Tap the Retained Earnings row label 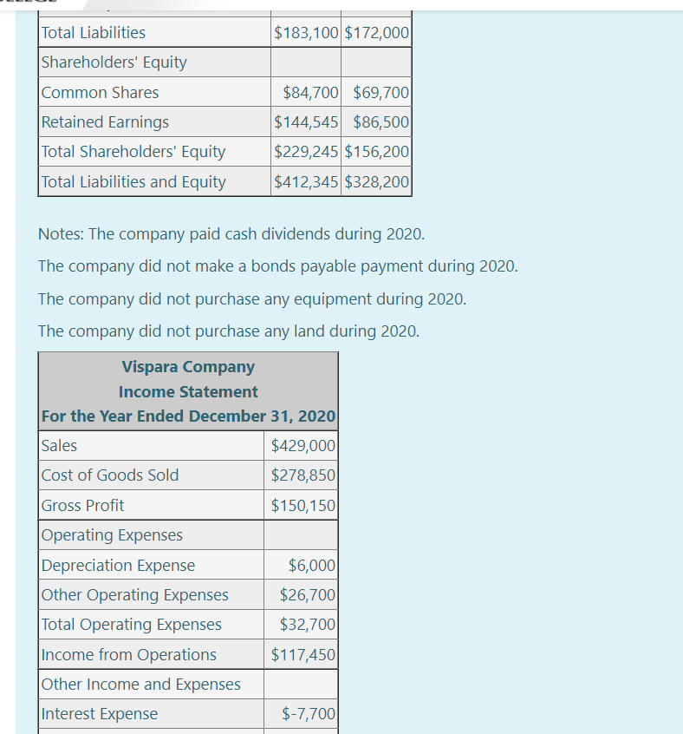coord(105,122)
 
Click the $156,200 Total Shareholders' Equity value coord(377,152)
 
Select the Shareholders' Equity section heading coord(114,62)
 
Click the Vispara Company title coord(188,367)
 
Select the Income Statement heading coord(188,392)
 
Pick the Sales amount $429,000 coord(303,446)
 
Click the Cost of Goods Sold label coord(110,475)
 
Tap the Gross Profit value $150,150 coord(303,506)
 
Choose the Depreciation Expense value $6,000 coord(311,566)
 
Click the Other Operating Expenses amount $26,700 coord(307,595)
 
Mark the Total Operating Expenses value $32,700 coord(307,625)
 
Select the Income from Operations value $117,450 coord(303,655)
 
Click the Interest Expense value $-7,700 coord(309,714)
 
